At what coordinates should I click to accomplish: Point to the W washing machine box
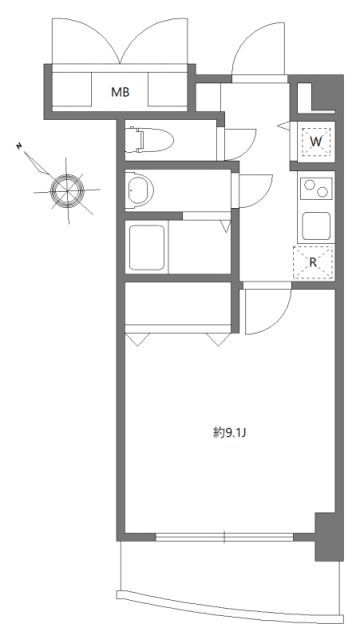314,142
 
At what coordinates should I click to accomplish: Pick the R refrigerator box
313,262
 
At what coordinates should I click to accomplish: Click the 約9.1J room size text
229,433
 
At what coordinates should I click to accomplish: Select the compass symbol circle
68,186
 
